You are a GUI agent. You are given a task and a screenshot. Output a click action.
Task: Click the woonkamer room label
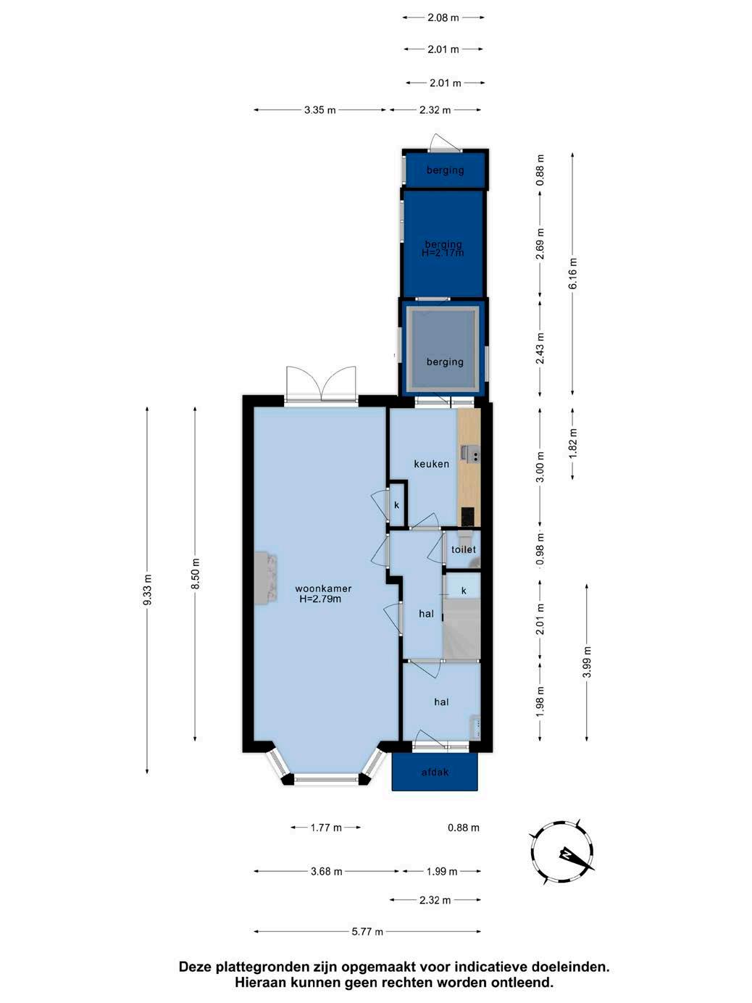[323, 588]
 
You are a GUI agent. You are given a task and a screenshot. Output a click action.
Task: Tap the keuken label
[432, 464]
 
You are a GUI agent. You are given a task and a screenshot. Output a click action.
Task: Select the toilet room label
[464, 549]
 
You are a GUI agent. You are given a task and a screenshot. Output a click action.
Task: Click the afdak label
[435, 773]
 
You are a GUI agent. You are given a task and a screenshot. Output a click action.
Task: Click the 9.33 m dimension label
[147, 590]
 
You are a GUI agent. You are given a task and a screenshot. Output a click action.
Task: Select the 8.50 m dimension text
[195, 574]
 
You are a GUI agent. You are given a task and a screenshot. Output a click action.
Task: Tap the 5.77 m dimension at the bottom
[367, 931]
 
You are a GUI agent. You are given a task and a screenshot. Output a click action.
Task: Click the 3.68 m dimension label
[327, 871]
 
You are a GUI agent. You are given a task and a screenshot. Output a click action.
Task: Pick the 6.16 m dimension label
[572, 273]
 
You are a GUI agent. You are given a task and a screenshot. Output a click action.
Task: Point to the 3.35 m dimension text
[320, 110]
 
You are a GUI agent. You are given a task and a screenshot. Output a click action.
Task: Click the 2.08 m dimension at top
[443, 18]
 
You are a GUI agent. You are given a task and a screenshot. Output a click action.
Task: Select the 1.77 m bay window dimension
[326, 828]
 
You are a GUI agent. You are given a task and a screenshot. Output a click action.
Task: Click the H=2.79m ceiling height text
[320, 599]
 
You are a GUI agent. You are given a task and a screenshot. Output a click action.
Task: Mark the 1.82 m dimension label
[572, 443]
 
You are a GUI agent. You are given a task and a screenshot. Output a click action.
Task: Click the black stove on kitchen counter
[467, 517]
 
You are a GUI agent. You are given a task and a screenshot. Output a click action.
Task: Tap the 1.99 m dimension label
[441, 871]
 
